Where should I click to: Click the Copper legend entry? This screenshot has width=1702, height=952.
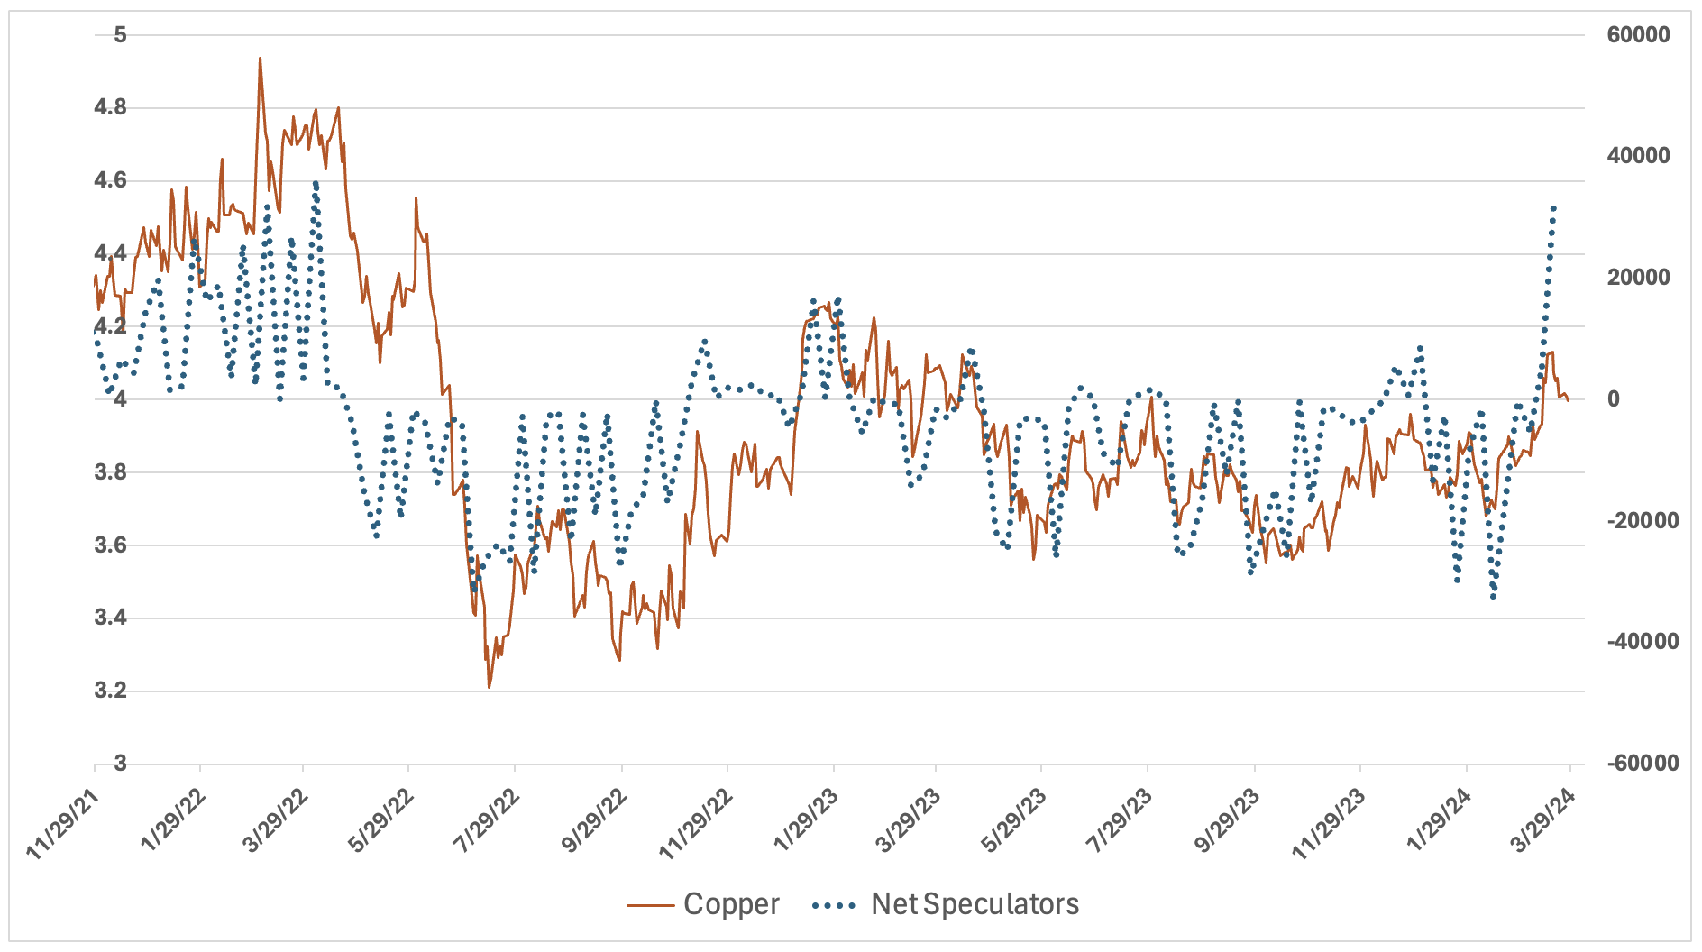pos(730,904)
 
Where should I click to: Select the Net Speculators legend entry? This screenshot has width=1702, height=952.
pos(974,904)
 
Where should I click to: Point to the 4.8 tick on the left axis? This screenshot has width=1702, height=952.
pos(110,108)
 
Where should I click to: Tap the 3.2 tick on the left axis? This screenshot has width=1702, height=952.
pos(110,691)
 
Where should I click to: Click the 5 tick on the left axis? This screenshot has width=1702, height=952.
pos(120,35)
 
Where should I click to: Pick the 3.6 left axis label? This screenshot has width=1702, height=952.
pos(110,545)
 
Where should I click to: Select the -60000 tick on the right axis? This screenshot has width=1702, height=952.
pos(1643,764)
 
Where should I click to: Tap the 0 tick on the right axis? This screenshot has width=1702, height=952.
pos(1614,399)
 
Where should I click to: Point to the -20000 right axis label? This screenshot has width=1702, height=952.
pos(1643,521)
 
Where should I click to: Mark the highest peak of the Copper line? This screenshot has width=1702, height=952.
pos(260,59)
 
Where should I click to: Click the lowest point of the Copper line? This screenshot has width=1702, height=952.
pos(489,688)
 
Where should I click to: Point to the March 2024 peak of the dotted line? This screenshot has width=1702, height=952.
pos(1553,207)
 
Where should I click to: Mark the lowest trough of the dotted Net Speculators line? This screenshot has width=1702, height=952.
pos(1493,597)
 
